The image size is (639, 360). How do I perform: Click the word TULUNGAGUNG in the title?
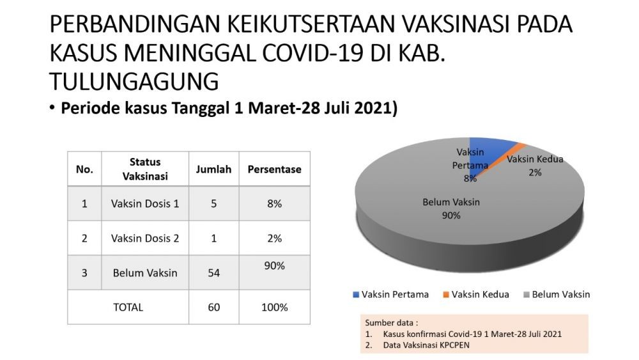click(x=134, y=81)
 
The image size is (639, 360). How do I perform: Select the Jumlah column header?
click(x=213, y=169)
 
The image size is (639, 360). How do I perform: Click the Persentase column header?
click(x=274, y=169)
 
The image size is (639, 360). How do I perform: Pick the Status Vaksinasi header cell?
click(x=145, y=169)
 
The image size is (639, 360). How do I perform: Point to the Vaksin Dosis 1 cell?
click(x=145, y=203)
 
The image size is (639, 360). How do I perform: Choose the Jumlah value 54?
click(x=213, y=273)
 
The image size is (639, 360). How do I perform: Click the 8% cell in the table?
click(x=274, y=203)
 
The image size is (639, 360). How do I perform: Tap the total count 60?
click(x=213, y=307)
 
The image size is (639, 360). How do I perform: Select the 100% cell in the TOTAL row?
click(x=274, y=307)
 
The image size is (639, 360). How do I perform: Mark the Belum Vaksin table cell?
click(x=145, y=273)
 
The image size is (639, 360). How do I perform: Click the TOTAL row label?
click(x=128, y=307)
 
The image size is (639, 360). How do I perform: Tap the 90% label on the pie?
click(x=451, y=215)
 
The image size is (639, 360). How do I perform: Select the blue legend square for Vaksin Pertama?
click(x=356, y=294)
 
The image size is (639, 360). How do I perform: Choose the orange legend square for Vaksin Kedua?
click(x=446, y=294)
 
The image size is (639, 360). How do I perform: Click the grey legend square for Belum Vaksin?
click(x=526, y=294)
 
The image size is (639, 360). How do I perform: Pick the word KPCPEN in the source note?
click(x=454, y=345)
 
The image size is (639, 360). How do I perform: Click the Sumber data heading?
click(x=391, y=322)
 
